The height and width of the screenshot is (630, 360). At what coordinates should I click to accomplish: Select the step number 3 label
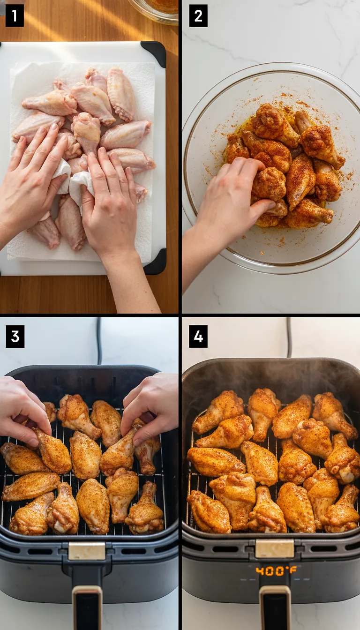click(x=15, y=337)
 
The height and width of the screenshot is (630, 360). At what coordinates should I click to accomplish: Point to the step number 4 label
click(x=198, y=337)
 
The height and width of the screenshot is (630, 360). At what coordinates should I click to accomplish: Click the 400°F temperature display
click(x=276, y=570)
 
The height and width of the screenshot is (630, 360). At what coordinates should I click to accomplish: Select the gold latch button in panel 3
click(x=87, y=551)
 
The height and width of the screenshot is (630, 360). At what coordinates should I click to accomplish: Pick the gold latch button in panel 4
click(x=275, y=548)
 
